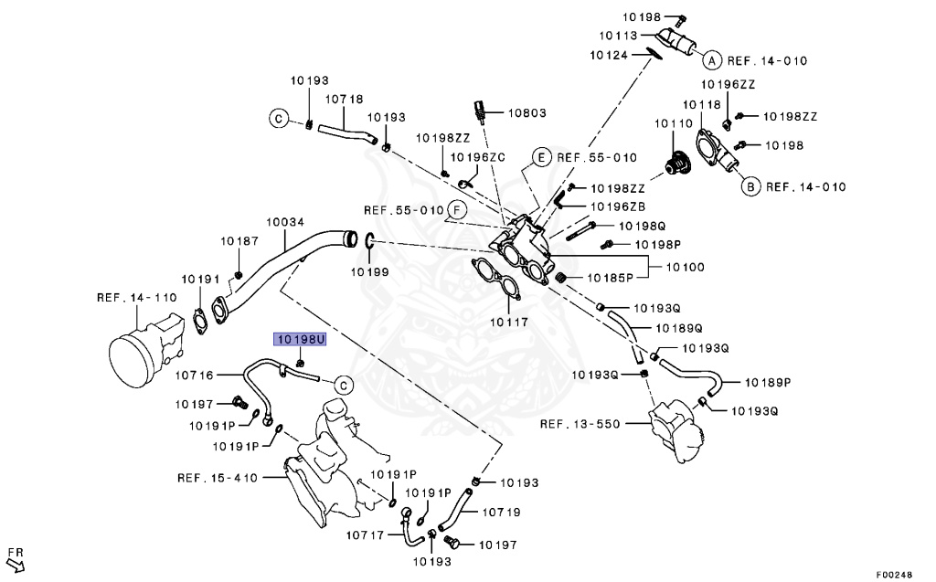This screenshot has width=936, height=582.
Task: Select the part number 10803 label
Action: point(526,113)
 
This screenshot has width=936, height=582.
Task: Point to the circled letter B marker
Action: point(750,187)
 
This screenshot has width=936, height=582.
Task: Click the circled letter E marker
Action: point(541,157)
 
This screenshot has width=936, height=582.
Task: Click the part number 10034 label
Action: point(285,222)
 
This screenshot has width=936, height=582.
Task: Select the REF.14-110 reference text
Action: point(136,297)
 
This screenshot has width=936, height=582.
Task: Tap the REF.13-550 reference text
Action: point(580,424)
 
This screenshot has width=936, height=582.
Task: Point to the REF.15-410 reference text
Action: point(218,477)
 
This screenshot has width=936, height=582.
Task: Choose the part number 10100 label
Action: point(685,267)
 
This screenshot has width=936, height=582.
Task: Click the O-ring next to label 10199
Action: point(369,242)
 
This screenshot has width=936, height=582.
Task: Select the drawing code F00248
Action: point(893,575)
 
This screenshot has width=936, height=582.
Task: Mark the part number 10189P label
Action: point(768,382)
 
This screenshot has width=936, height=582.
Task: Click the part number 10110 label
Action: point(673,122)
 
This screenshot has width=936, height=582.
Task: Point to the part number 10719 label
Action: point(501,513)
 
